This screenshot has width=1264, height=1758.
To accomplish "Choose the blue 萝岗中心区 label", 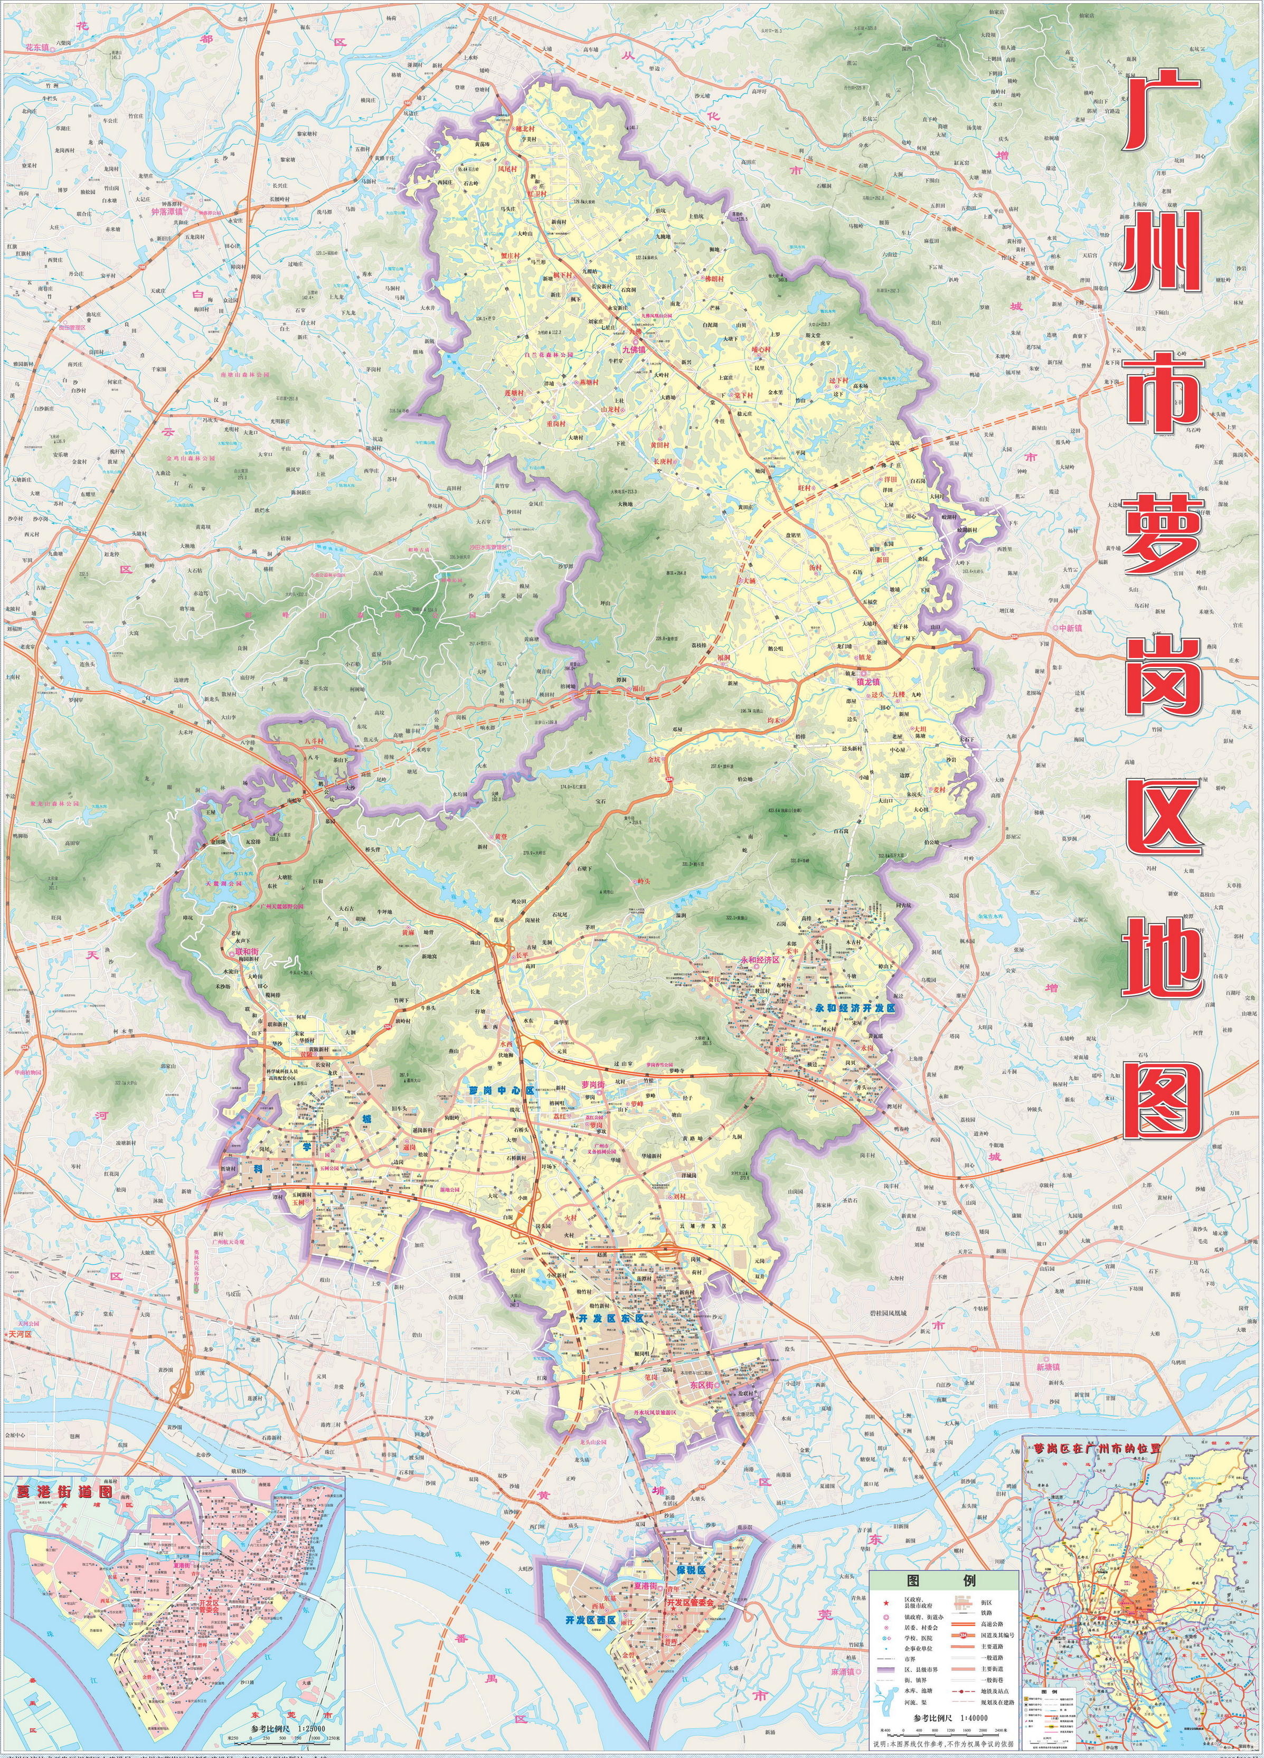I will pos(502,1090).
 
